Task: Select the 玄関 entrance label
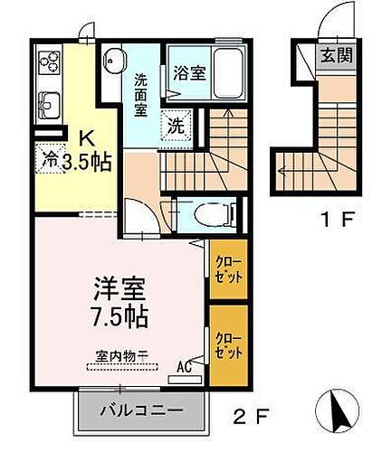click(335, 54)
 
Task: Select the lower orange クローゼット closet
click(228, 344)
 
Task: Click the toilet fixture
click(214, 214)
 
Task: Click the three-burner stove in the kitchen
click(48, 65)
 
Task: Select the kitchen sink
click(47, 107)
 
